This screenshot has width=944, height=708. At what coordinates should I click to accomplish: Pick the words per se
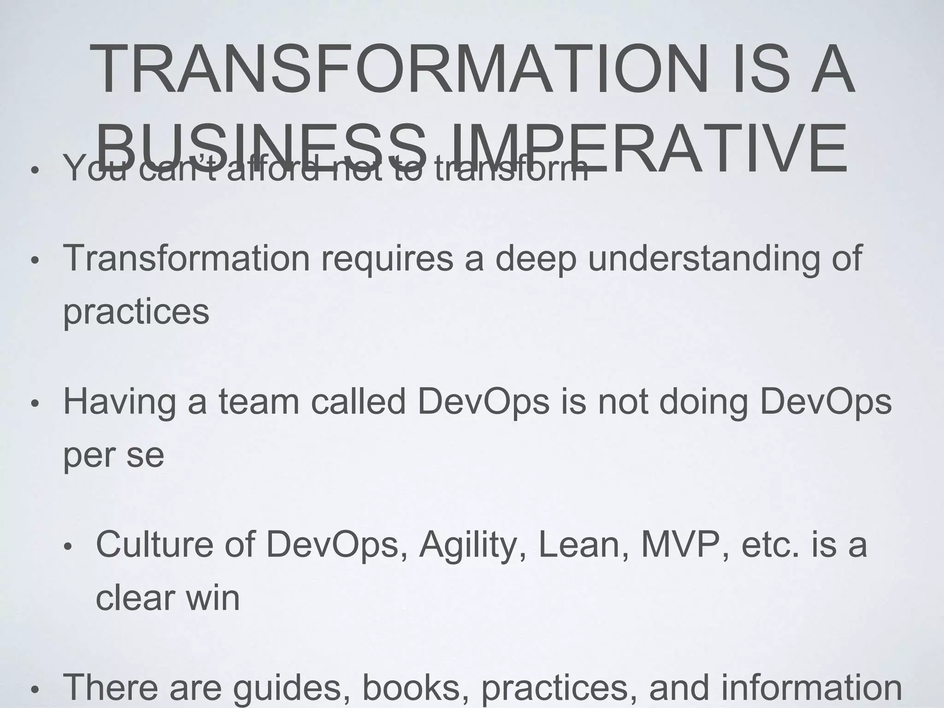(x=113, y=455)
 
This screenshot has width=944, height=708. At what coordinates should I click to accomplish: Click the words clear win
(x=168, y=598)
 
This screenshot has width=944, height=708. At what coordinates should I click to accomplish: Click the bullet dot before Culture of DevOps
(x=67, y=548)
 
